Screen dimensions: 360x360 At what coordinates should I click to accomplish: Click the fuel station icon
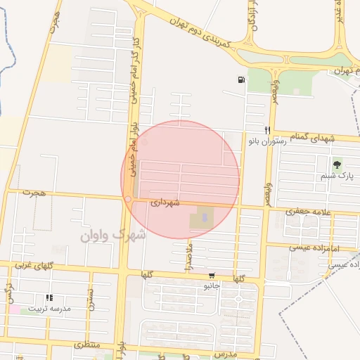tap(242, 79)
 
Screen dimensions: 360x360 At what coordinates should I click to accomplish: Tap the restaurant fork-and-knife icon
tap(267, 130)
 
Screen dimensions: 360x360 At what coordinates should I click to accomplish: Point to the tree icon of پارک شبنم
tap(337, 165)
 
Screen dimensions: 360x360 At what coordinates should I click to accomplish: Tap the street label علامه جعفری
tap(309, 211)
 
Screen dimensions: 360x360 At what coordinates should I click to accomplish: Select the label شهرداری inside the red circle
tap(165, 202)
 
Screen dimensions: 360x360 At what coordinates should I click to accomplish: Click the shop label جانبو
tap(212, 286)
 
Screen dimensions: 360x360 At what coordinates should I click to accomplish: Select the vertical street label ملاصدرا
tap(188, 250)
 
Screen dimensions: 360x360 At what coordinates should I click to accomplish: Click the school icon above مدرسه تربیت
tap(49, 298)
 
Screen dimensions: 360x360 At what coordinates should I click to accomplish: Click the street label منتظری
tap(88, 345)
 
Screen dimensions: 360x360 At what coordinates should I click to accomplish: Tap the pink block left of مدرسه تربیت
tap(14, 309)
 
